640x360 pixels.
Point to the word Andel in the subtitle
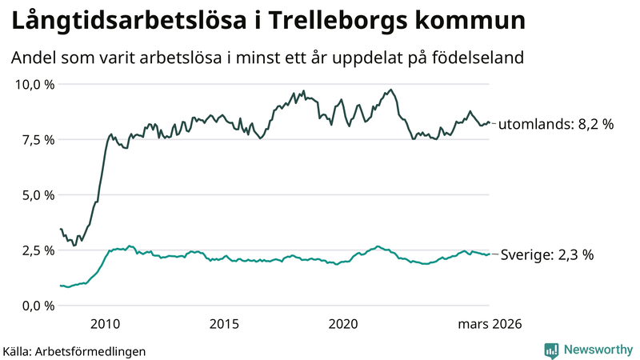(33, 58)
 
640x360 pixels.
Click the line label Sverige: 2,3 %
(548, 254)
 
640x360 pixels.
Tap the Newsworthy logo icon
(551, 350)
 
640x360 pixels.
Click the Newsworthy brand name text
(597, 350)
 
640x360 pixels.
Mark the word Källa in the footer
(18, 350)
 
